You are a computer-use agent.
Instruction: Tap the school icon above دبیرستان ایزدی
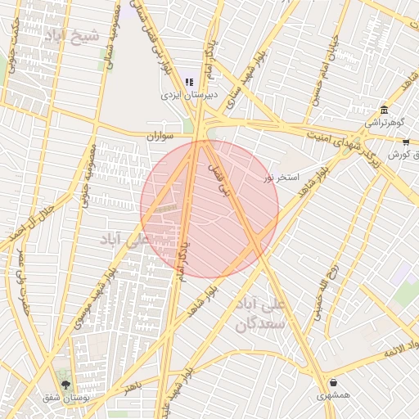(190, 82)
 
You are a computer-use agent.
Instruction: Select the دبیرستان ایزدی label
(190, 95)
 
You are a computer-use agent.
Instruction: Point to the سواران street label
(161, 137)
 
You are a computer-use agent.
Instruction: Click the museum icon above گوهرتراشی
(383, 110)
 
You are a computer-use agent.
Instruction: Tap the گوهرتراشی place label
(382, 123)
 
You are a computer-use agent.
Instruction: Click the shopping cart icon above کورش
(406, 142)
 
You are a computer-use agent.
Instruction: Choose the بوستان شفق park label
(66, 398)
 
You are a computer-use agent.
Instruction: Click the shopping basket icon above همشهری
(333, 383)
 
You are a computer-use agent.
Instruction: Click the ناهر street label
(132, 385)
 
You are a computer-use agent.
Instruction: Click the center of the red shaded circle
(209, 209)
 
